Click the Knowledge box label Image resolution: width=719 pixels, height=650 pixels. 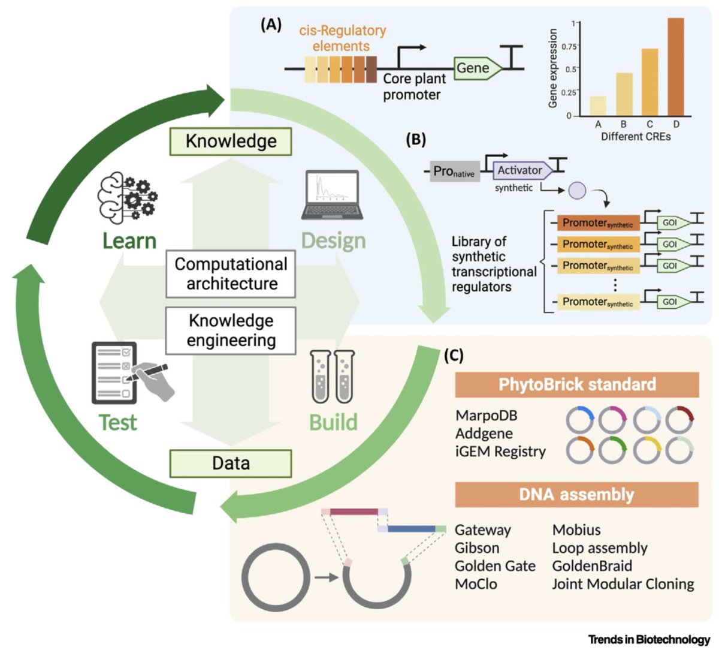[x=231, y=142]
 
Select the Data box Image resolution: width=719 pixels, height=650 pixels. [x=231, y=464]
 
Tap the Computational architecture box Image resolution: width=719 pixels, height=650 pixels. [x=231, y=274]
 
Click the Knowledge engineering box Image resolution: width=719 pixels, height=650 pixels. [x=231, y=330]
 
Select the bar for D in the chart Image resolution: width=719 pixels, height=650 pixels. [x=675, y=67]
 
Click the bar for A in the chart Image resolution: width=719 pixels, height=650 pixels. [x=598, y=106]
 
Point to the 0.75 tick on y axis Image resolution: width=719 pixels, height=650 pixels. [x=570, y=46]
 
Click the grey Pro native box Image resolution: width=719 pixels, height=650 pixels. [x=454, y=172]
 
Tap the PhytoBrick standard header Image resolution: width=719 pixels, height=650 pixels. [x=576, y=384]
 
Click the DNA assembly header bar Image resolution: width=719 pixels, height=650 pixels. [x=576, y=495]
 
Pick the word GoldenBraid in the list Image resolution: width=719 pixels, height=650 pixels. [x=592, y=566]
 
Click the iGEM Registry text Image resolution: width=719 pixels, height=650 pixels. [x=500, y=452]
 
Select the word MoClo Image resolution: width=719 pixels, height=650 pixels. [x=476, y=584]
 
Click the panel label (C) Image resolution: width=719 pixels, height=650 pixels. [x=454, y=355]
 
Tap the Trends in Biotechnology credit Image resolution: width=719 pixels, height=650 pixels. [x=649, y=639]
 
